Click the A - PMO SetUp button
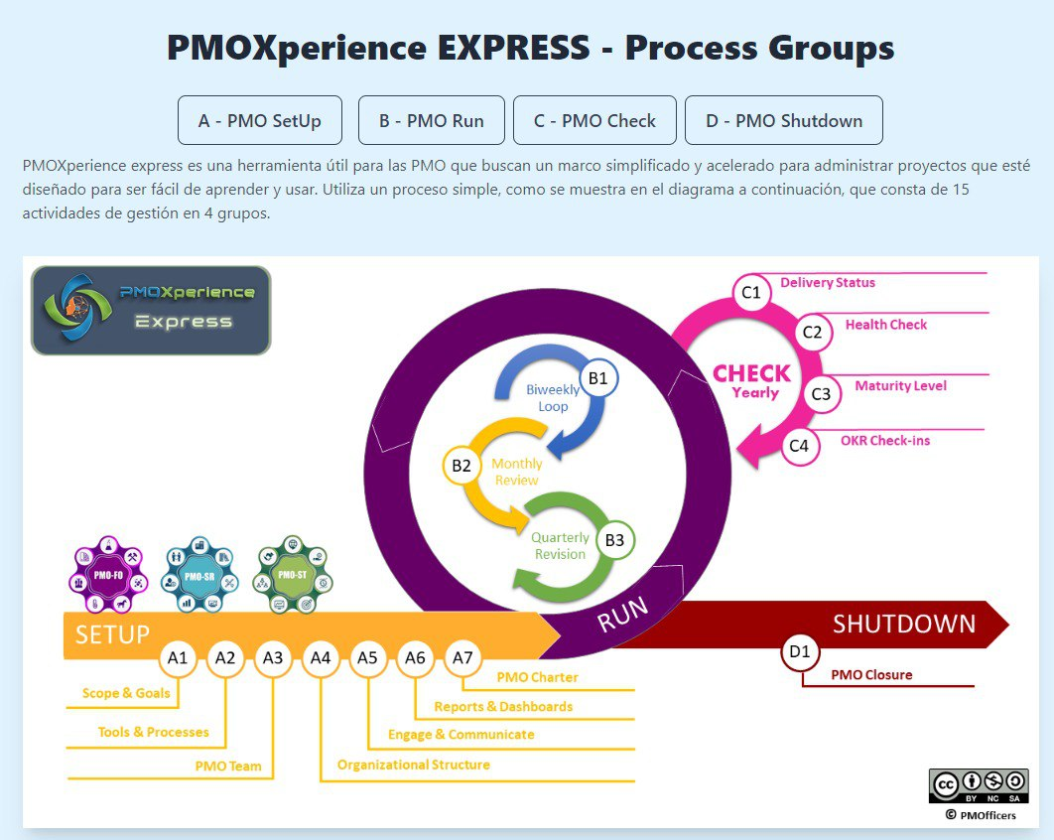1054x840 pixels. [260, 121]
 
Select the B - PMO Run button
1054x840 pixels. [432, 121]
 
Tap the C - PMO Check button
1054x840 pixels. [594, 121]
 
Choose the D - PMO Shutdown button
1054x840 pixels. [784, 121]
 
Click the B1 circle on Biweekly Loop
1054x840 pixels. [597, 378]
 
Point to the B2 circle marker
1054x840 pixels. [461, 465]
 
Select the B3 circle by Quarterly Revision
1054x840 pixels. [614, 540]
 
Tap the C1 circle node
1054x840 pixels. [751, 292]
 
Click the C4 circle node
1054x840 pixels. [799, 446]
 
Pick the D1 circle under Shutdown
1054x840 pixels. [800, 652]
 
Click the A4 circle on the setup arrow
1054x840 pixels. [321, 657]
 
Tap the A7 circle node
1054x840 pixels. [462, 657]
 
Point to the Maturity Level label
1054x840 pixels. [900, 386]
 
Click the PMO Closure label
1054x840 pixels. [871, 675]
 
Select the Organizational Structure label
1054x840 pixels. [413, 765]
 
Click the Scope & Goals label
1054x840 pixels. [126, 693]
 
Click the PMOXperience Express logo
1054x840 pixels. [151, 310]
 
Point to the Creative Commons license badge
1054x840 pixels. [979, 785]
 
